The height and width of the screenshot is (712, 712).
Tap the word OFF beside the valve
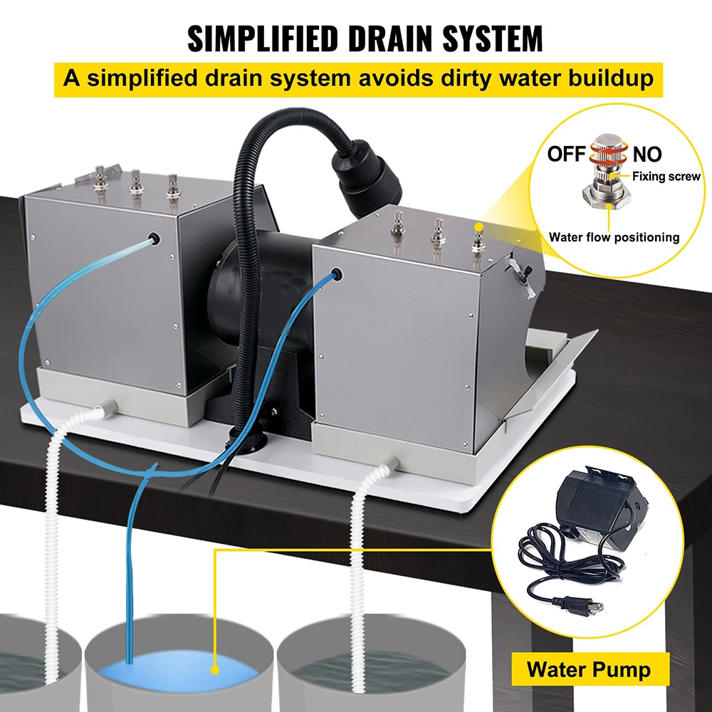[x=566, y=154]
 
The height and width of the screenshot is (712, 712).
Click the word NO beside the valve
[x=647, y=155]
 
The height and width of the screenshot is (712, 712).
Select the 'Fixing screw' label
[x=666, y=176]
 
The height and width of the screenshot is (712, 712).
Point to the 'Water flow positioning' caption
[x=614, y=237]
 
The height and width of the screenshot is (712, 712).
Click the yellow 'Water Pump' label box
[x=590, y=669]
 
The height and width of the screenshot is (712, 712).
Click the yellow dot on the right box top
[x=478, y=226]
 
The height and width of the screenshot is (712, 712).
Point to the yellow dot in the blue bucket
[x=215, y=670]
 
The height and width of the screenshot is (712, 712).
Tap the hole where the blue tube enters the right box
[x=337, y=275]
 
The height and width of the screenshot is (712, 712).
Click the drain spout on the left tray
[x=108, y=407]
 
